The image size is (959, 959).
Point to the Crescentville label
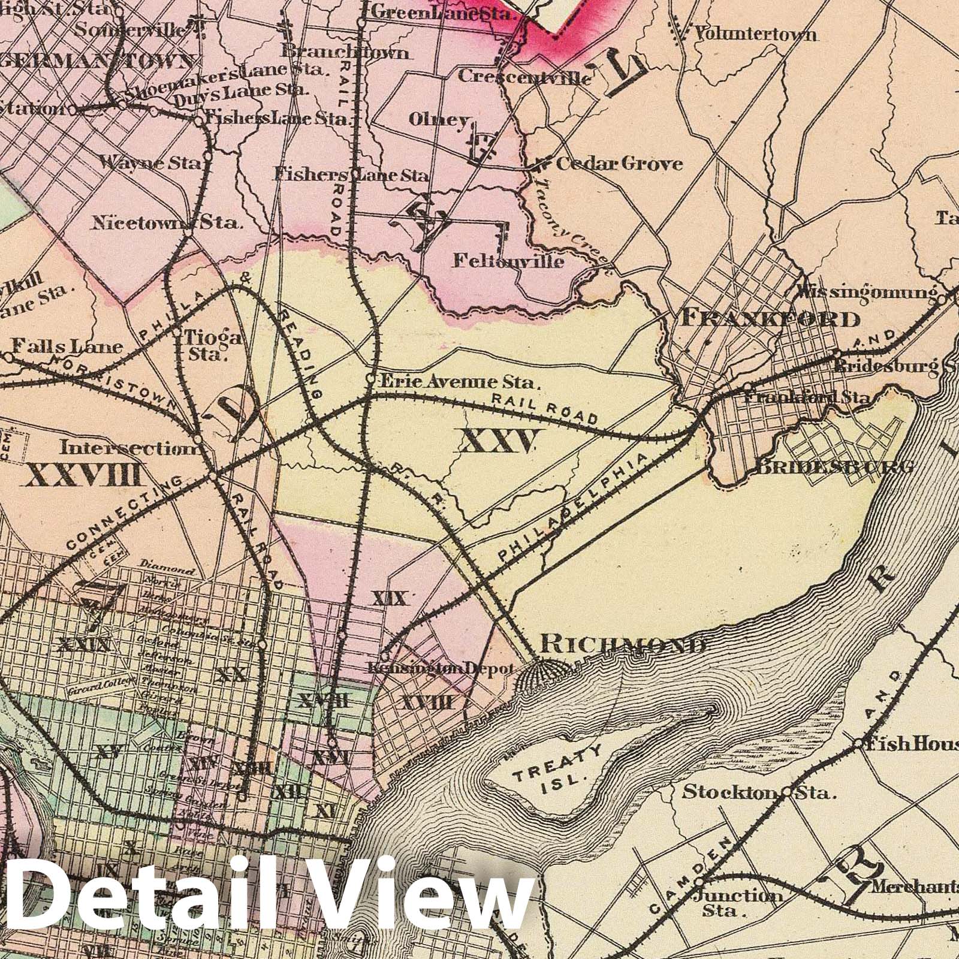click(x=525, y=77)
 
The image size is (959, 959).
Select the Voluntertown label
click(x=755, y=34)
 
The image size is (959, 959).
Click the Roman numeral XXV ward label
click(x=497, y=442)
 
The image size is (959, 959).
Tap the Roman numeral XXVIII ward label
click(x=83, y=475)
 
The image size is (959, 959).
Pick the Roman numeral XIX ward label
click(x=390, y=598)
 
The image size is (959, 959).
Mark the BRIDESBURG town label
click(x=833, y=467)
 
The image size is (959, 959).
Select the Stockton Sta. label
click(x=759, y=792)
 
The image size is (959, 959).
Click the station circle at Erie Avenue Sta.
click(x=370, y=379)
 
